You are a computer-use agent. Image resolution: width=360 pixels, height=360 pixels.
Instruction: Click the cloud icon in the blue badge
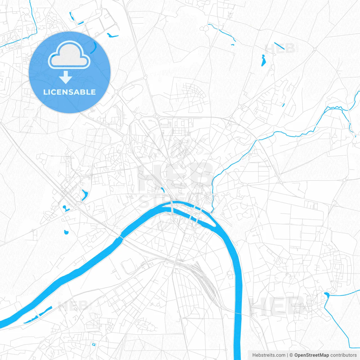[x=69, y=55]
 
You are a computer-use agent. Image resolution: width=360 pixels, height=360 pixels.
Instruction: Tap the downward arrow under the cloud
[x=66, y=77]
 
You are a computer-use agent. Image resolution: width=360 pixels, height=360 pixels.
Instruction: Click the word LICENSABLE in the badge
[x=69, y=92]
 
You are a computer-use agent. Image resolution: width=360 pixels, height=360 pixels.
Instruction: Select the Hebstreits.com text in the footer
[x=269, y=355]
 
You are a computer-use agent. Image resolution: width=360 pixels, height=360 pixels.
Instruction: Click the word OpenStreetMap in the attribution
[x=311, y=355]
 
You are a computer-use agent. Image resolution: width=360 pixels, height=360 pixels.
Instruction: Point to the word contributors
[x=343, y=355]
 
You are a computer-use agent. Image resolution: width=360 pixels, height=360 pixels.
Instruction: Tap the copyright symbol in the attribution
[x=291, y=355]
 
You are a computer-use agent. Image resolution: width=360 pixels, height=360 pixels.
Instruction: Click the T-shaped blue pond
[x=66, y=208]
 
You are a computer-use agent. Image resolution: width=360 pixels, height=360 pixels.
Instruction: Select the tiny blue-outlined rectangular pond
[x=94, y=344]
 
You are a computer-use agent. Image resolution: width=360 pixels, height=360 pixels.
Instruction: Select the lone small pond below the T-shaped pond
[x=66, y=232]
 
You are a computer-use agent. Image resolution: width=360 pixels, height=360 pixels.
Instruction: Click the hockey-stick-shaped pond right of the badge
[x=112, y=35]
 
